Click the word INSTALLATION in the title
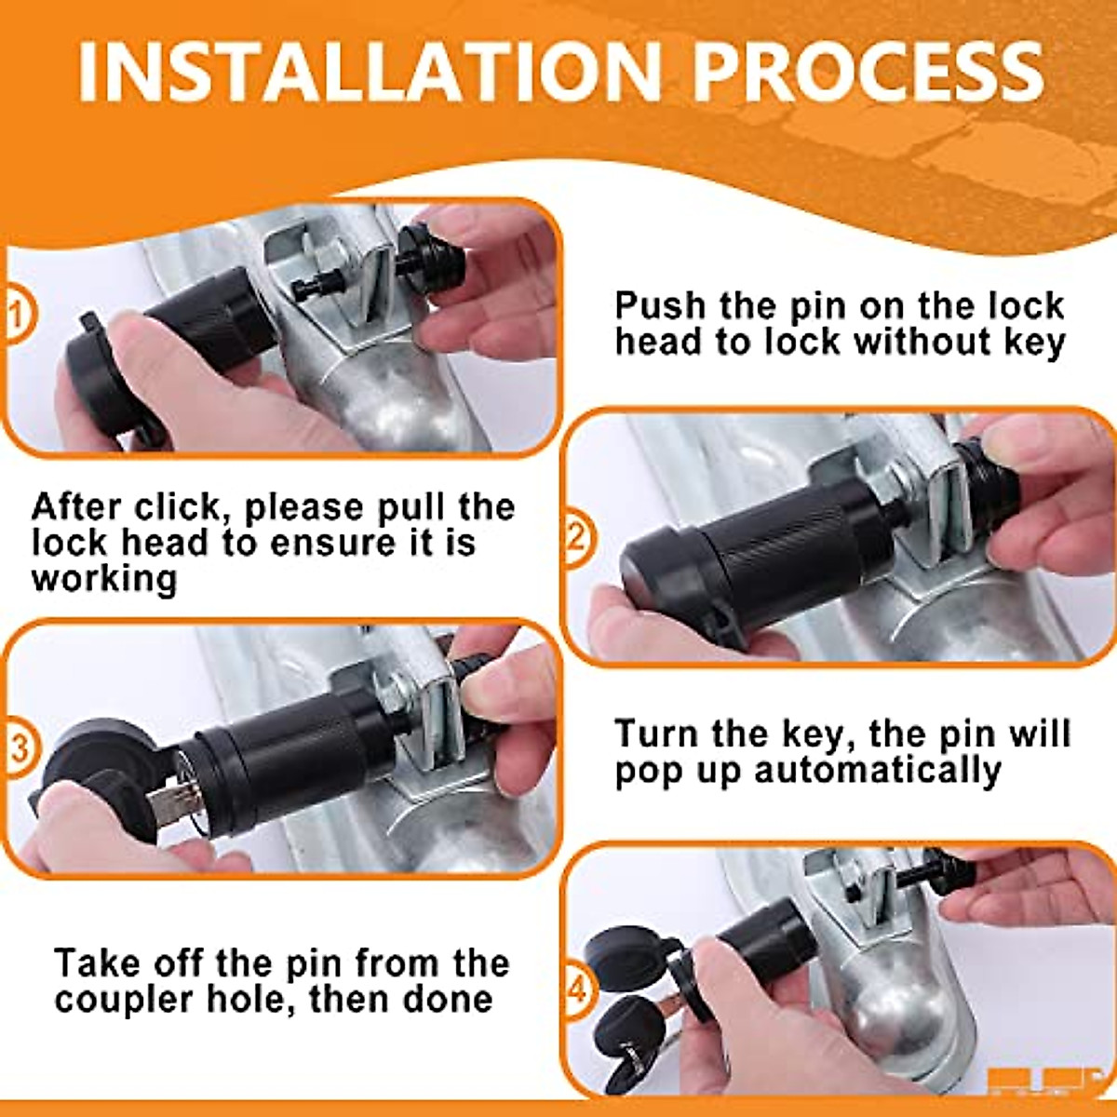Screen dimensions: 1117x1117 pyautogui.click(x=370, y=74)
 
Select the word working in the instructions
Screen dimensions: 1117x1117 pyautogui.click(x=103, y=578)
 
